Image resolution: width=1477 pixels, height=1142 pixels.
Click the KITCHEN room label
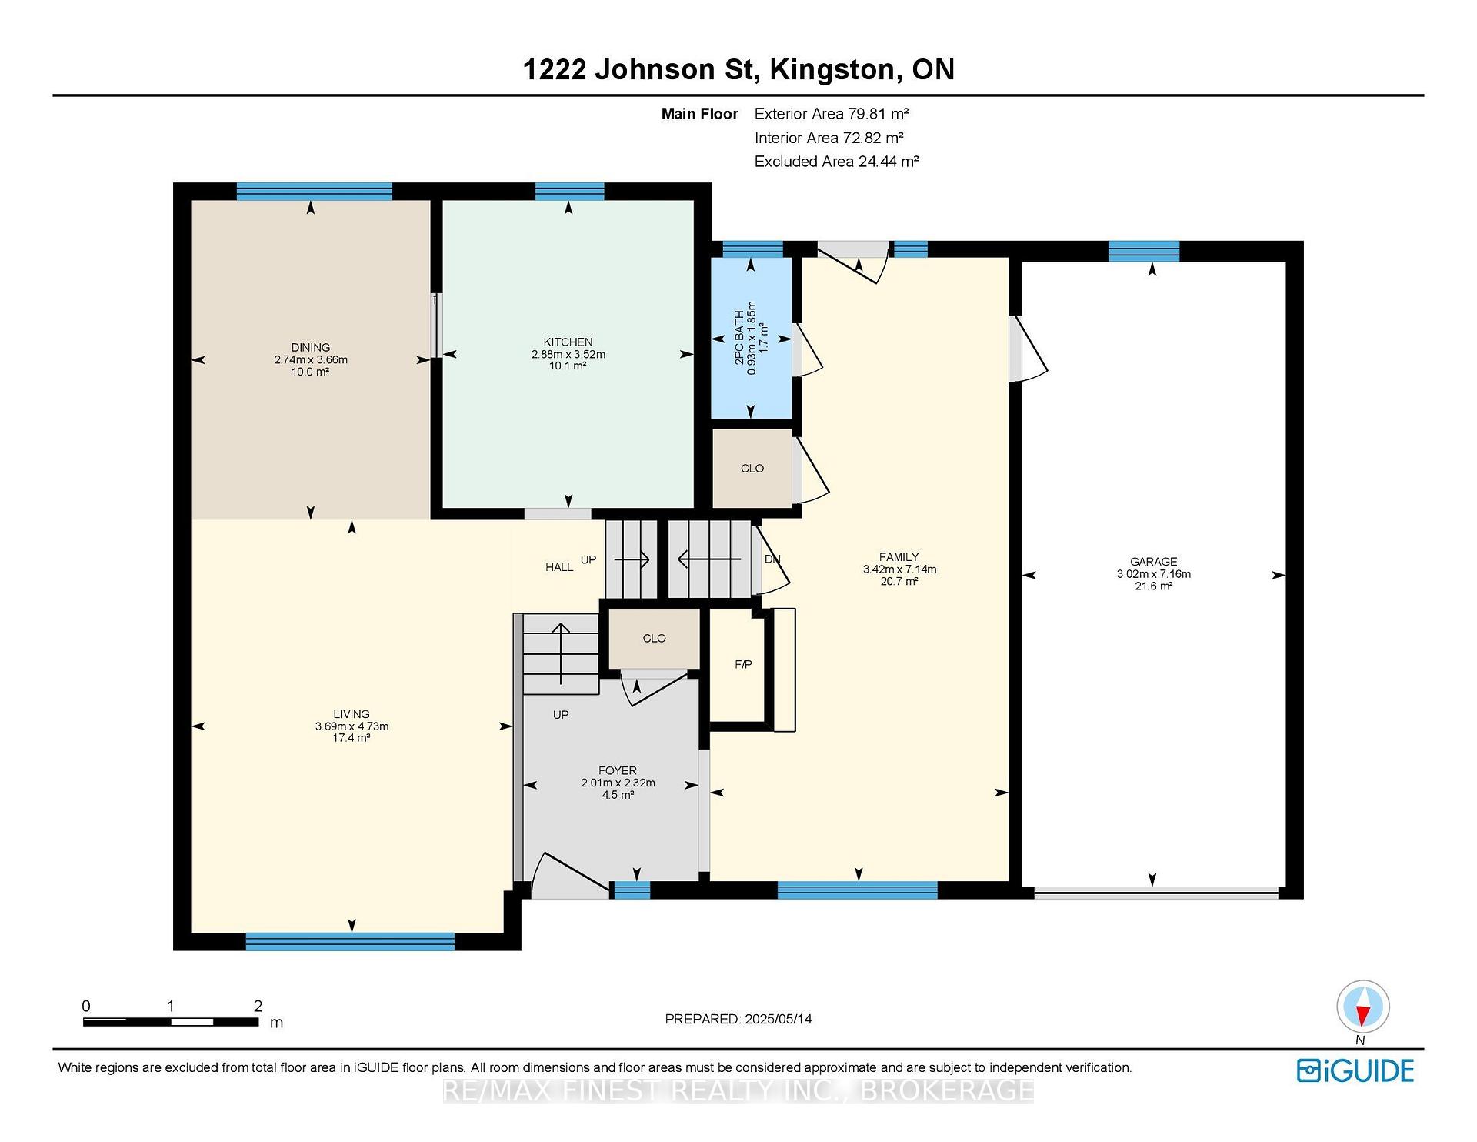[x=568, y=342]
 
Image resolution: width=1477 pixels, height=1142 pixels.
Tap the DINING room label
[x=311, y=348]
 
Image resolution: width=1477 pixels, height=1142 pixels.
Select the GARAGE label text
[x=1154, y=562]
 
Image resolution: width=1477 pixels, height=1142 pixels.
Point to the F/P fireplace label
[x=743, y=664]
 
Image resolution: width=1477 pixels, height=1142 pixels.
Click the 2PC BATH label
[x=739, y=338]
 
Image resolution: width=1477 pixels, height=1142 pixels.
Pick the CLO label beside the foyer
[x=655, y=639]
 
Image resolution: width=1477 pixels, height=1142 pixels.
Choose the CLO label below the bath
[x=752, y=469]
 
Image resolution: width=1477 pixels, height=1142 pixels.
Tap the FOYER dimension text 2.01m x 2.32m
[x=618, y=783]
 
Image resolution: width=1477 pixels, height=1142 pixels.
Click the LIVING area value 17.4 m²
[x=352, y=738]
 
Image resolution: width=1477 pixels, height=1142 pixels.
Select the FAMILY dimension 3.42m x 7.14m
[x=899, y=569]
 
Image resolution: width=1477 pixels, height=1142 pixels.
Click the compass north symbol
[x=1363, y=1007]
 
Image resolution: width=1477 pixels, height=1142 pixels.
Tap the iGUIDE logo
[x=1355, y=1070]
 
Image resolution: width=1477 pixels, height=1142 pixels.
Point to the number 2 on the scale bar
[x=258, y=1006]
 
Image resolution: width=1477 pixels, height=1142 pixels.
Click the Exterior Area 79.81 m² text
[x=832, y=114]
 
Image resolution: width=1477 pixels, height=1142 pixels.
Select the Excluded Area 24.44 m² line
[x=837, y=162]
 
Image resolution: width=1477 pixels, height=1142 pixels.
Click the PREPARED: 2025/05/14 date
[x=738, y=1019]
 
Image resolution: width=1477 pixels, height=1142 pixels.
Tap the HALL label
[x=559, y=567]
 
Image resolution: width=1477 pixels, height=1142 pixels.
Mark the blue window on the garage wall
[x=1144, y=252]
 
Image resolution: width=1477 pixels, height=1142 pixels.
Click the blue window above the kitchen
[x=569, y=192]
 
